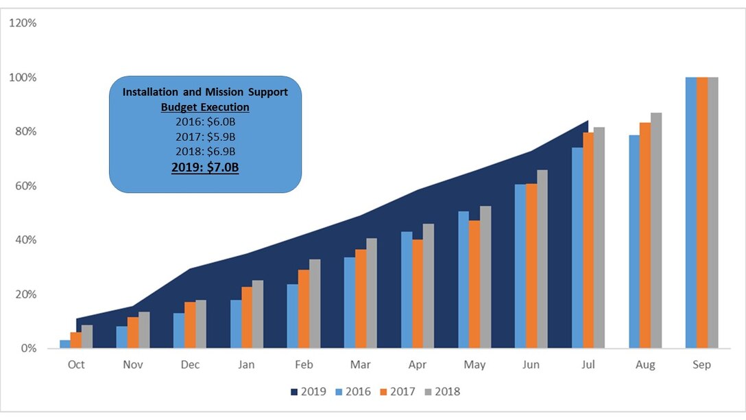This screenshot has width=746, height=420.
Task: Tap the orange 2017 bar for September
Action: click(x=701, y=213)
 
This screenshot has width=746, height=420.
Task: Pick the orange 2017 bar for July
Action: click(x=588, y=240)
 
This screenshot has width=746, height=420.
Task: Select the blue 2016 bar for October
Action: click(x=65, y=344)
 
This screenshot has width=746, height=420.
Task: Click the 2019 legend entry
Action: click(x=308, y=392)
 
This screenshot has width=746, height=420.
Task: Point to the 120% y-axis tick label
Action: click(x=23, y=23)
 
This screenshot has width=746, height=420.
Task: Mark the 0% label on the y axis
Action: click(x=28, y=349)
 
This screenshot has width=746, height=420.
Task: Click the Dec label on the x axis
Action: click(x=190, y=365)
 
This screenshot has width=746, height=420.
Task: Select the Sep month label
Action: click(x=701, y=365)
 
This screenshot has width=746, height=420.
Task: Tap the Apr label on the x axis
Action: click(x=418, y=365)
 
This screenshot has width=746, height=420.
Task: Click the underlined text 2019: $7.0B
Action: click(x=205, y=167)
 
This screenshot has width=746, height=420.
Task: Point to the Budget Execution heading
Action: click(x=205, y=108)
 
